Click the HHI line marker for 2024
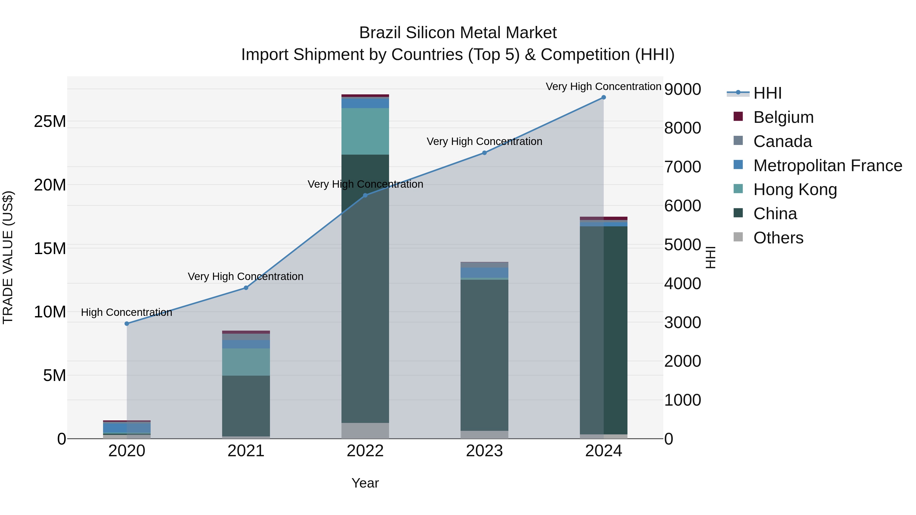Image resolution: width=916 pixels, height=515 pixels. [604, 97]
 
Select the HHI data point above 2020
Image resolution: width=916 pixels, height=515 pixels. [127, 323]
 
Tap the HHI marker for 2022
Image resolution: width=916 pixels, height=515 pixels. [365, 195]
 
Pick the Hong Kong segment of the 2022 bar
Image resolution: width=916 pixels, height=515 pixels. [365, 131]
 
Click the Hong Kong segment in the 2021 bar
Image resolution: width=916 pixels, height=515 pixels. [246, 362]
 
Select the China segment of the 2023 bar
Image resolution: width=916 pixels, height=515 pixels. [484, 356]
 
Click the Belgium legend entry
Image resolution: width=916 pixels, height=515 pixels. [783, 117]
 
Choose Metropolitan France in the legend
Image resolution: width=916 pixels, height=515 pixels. [827, 166]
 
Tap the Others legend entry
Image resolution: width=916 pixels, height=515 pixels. [778, 238]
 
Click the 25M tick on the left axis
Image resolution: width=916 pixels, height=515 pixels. [50, 122]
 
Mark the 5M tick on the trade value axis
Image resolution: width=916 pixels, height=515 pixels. [54, 375]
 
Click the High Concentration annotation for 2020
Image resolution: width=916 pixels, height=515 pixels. [127, 312]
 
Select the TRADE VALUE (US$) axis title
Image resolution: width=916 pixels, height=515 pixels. [8, 257]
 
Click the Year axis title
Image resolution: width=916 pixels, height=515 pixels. [365, 483]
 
